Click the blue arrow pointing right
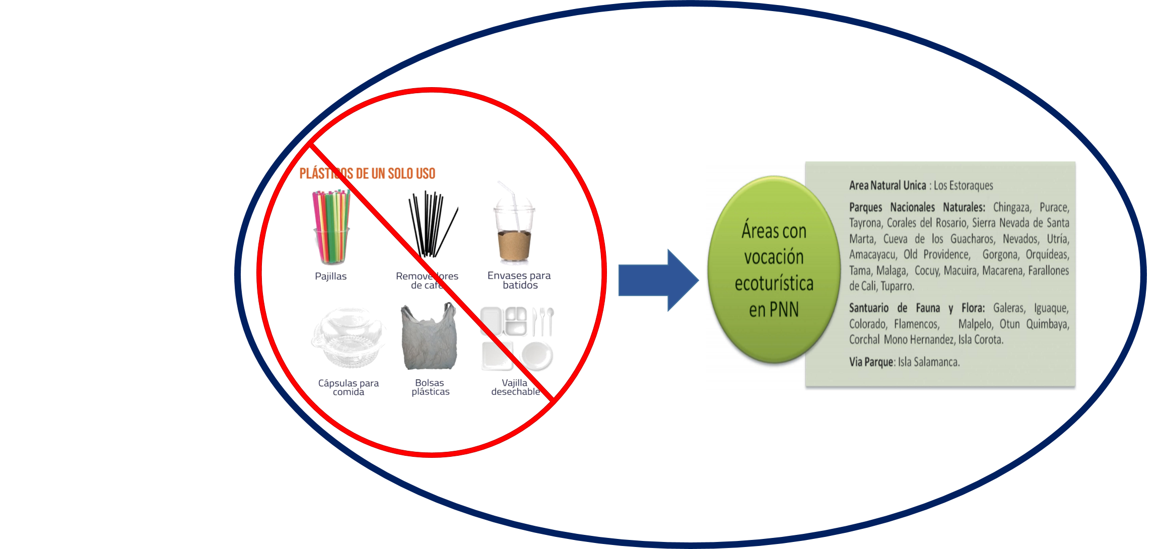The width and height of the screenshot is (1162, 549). (658, 280)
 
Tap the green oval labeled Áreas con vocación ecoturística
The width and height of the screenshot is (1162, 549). (774, 269)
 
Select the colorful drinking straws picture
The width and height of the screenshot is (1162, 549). (331, 227)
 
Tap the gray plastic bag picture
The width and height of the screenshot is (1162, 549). (429, 336)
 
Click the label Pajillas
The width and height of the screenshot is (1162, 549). (330, 276)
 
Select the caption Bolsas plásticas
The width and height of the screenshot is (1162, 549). (430, 387)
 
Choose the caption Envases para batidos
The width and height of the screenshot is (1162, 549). (519, 280)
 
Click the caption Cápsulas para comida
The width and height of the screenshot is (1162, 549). (348, 387)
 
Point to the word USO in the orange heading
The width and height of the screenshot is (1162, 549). (426, 174)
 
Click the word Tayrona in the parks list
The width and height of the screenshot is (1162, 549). (865, 223)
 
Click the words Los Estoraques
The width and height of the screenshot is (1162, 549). (964, 185)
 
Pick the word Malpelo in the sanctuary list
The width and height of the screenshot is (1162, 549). (975, 323)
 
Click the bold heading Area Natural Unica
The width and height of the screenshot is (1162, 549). (887, 185)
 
